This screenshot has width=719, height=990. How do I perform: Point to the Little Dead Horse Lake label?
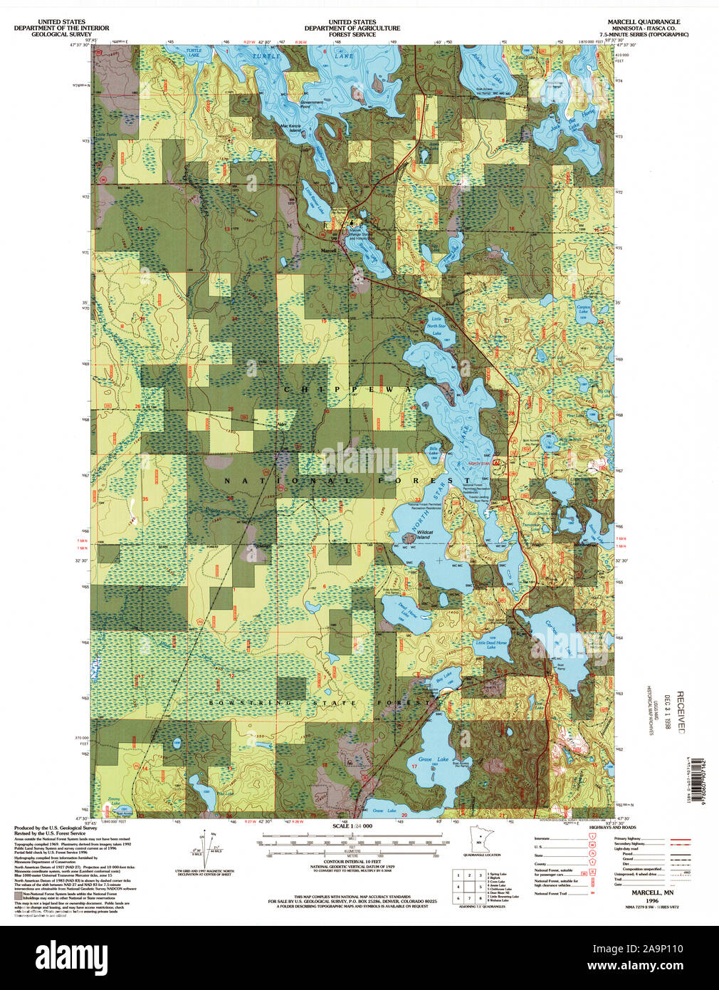pos(491,644)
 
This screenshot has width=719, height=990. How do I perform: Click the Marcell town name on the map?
pos(328,251)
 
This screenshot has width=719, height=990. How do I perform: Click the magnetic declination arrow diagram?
pos(211,848)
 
